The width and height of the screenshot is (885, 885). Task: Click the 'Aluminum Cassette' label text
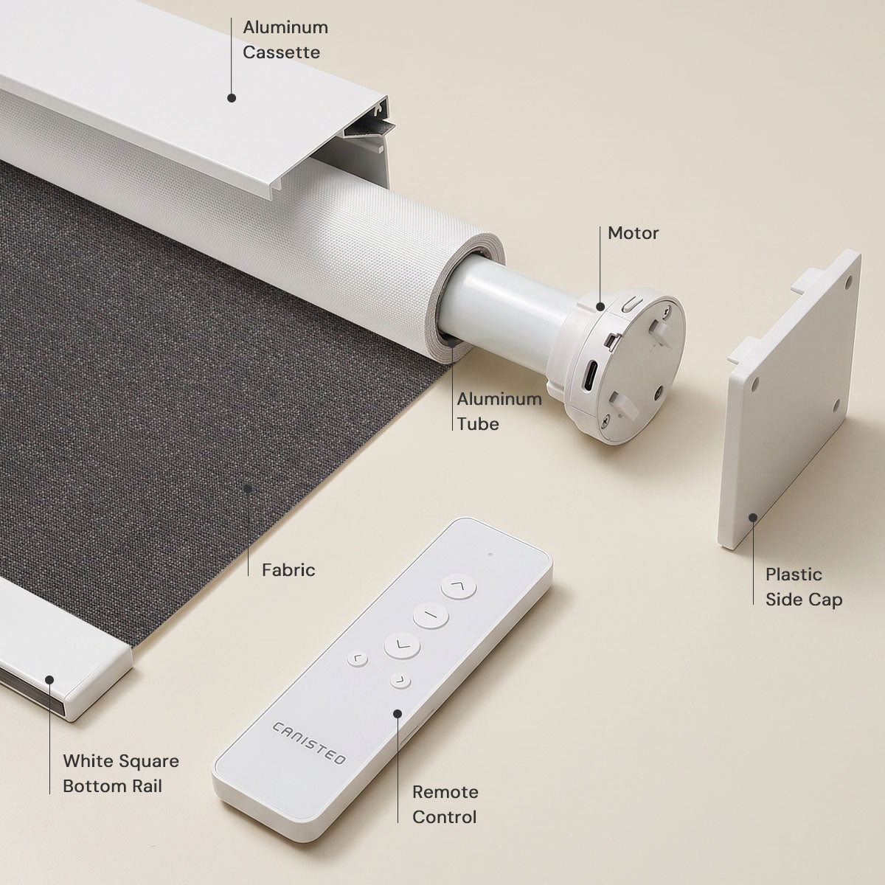point(285,40)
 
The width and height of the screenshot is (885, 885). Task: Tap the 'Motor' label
point(633,233)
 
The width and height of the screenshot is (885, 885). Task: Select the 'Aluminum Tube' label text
point(499,411)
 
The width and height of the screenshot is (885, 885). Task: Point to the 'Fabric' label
point(288,570)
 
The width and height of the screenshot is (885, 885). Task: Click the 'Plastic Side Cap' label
point(804,587)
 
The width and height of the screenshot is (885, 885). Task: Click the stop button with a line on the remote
point(430,615)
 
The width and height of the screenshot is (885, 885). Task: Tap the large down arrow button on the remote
point(402,645)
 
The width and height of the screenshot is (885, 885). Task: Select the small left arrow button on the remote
point(357,659)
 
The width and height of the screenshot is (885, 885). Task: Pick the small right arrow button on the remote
point(400,680)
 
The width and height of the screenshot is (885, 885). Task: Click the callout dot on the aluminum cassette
point(232,98)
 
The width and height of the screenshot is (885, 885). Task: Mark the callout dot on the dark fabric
point(248,489)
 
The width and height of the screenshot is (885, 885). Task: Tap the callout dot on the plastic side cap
point(753,518)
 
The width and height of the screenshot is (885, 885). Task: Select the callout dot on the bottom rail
point(49,680)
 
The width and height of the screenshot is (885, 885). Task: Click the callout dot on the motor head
point(600,307)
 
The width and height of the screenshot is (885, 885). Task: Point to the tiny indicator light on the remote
point(490,555)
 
